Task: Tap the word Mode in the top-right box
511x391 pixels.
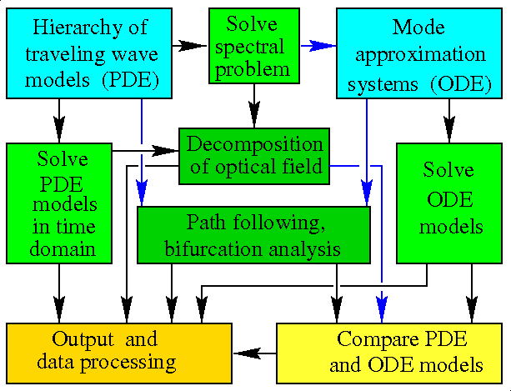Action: pos(415,28)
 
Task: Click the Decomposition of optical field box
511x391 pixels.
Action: pos(254,154)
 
